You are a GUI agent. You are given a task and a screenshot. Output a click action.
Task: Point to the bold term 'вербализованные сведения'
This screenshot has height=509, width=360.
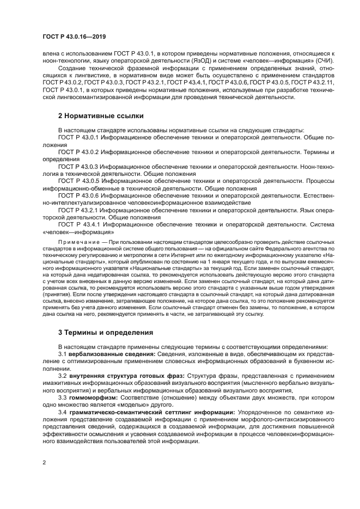pyautogui.click(x=106, y=354)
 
